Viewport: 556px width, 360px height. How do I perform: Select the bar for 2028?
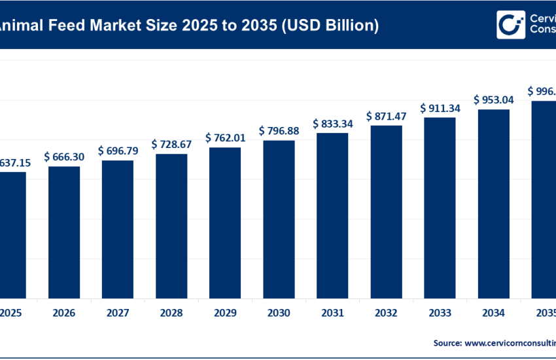pos(171,225)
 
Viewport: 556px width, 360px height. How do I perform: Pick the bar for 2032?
pos(387,211)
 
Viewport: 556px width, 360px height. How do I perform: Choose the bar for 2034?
pos(494,203)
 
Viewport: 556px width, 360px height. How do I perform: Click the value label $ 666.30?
pos(66,157)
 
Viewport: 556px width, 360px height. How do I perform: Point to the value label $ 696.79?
pos(120,151)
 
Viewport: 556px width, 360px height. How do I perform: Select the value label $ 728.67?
pos(173,144)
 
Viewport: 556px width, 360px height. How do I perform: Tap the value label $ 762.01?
pos(227,137)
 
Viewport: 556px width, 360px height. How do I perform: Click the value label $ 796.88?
pos(281,131)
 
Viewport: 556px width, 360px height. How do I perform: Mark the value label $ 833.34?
pos(334,123)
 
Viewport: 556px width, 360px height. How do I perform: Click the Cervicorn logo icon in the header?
pos(511,25)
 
